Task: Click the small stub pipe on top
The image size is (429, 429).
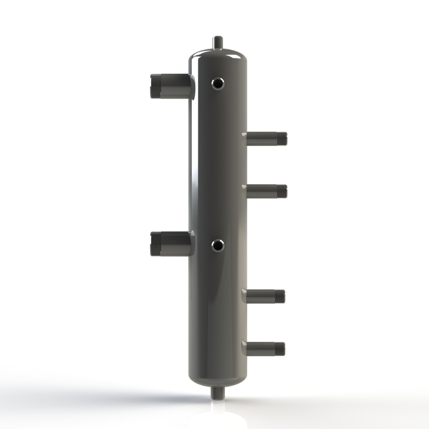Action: pyautogui.click(x=218, y=43)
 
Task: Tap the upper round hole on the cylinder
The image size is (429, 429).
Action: pyautogui.click(x=218, y=84)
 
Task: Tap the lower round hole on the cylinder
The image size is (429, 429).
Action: pyautogui.click(x=218, y=245)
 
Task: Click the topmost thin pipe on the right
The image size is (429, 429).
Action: pyautogui.click(x=264, y=139)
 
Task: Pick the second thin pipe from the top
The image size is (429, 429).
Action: pyautogui.click(x=264, y=191)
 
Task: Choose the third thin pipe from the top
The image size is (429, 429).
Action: pyautogui.click(x=264, y=296)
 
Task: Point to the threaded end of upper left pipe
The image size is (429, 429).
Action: pyautogui.click(x=155, y=86)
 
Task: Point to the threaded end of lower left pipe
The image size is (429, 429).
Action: pyautogui.click(x=155, y=243)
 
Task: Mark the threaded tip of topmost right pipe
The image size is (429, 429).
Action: pyautogui.click(x=282, y=139)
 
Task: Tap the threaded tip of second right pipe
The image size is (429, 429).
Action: pyautogui.click(x=282, y=191)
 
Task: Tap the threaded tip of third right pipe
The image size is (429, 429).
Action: pyautogui.click(x=281, y=296)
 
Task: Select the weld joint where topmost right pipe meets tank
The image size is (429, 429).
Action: pyautogui.click(x=245, y=139)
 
